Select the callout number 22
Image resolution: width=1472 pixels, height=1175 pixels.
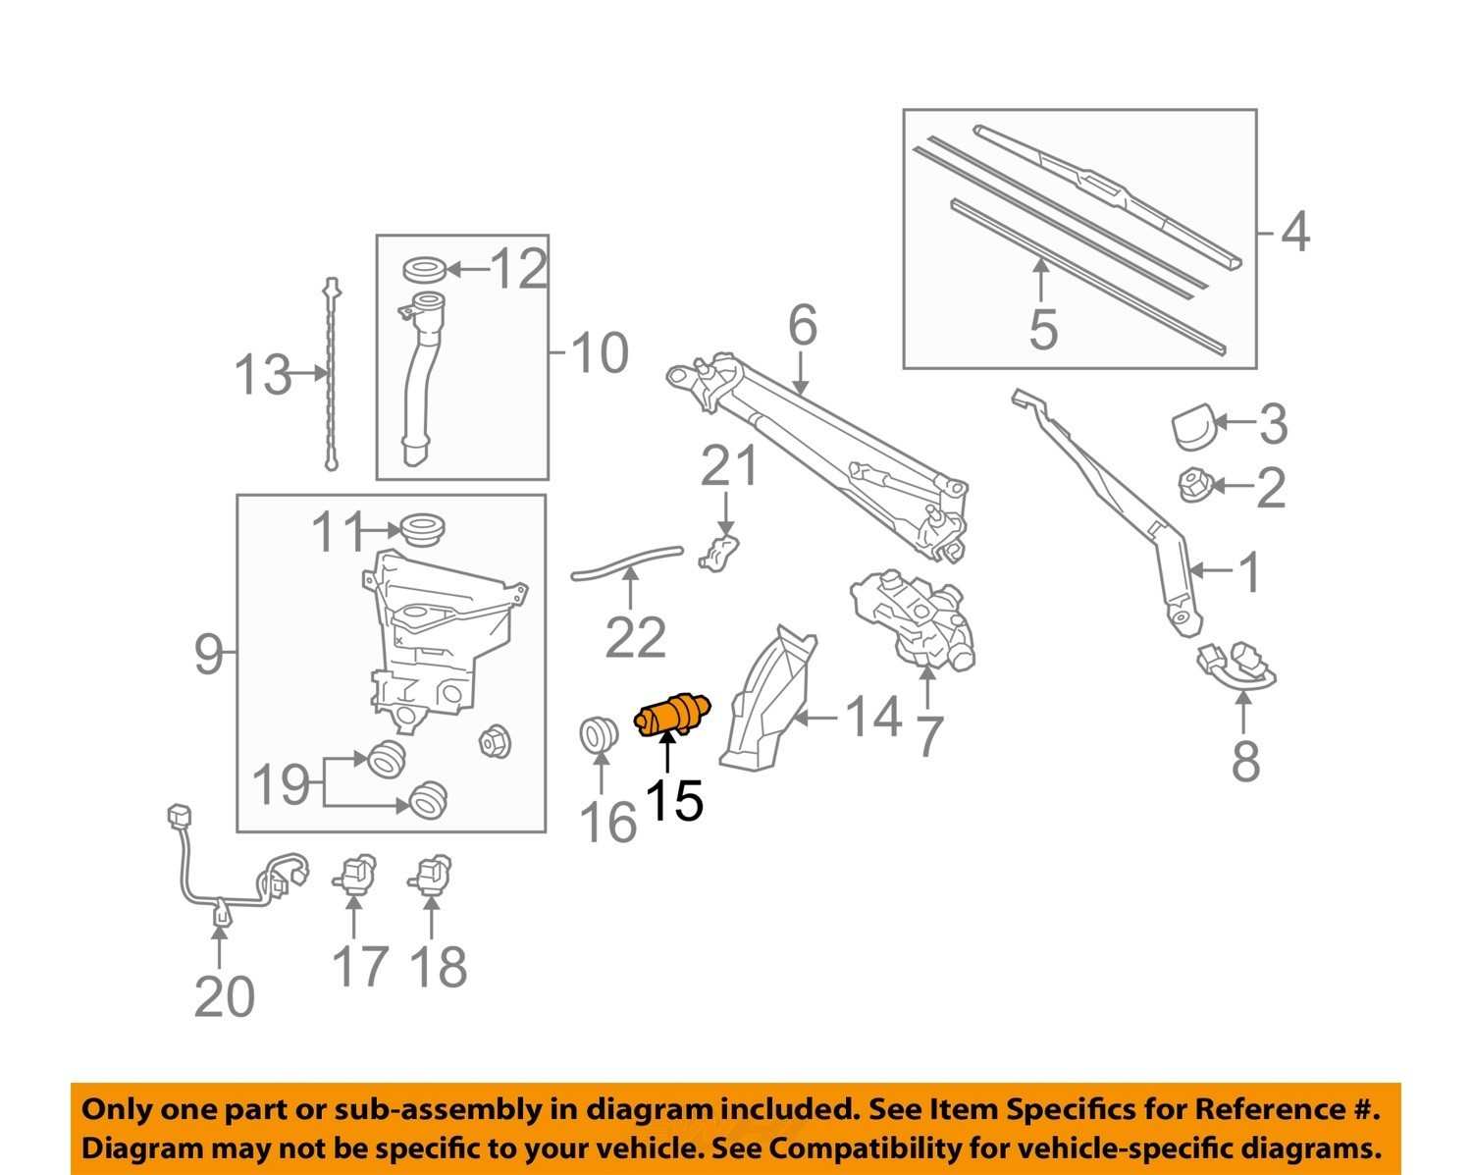point(635,639)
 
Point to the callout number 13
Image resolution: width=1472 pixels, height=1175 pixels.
point(262,375)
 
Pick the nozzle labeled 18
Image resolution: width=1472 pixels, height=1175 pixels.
point(432,872)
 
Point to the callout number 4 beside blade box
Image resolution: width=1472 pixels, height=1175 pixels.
point(1295,234)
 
